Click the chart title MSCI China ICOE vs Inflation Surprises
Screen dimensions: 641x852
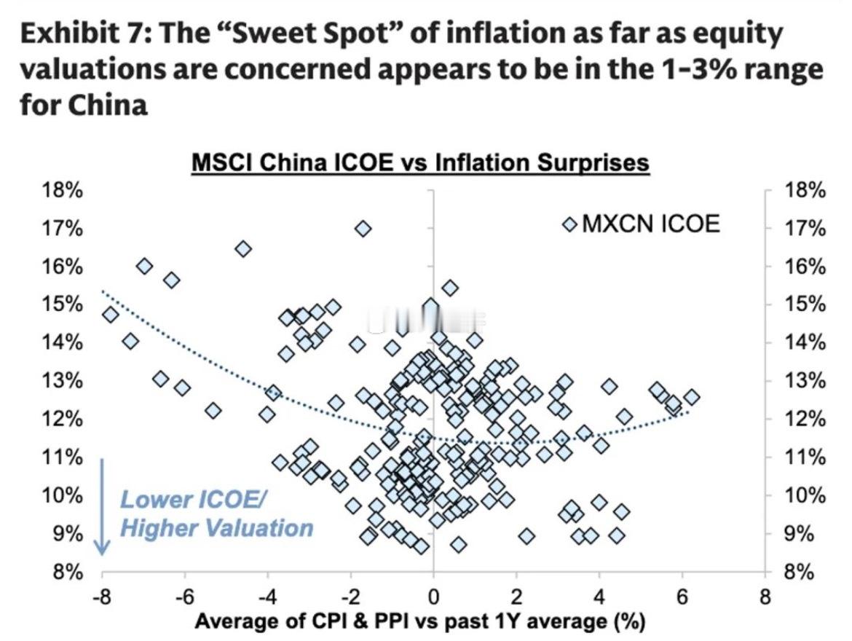(419, 162)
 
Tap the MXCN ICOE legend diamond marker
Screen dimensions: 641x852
(569, 224)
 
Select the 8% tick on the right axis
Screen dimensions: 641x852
(805, 573)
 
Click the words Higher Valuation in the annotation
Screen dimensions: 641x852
(216, 527)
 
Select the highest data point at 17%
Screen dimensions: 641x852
(363, 229)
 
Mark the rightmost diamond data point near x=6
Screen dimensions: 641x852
(691, 397)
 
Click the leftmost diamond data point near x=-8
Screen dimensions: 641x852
(111, 315)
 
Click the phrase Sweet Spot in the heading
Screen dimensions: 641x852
(266, 34)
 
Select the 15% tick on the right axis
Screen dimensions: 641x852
(805, 305)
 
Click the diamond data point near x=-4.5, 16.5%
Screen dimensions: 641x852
(243, 249)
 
